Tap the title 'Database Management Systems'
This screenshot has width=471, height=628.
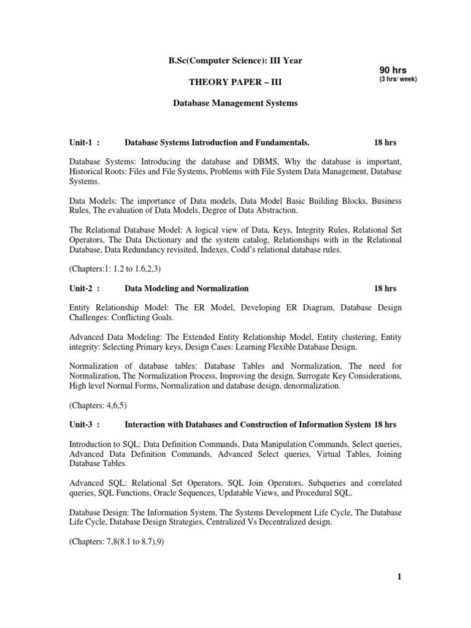click(x=235, y=104)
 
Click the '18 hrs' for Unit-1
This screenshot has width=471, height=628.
click(x=385, y=142)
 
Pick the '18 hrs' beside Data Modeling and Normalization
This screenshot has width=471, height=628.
click(x=385, y=288)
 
